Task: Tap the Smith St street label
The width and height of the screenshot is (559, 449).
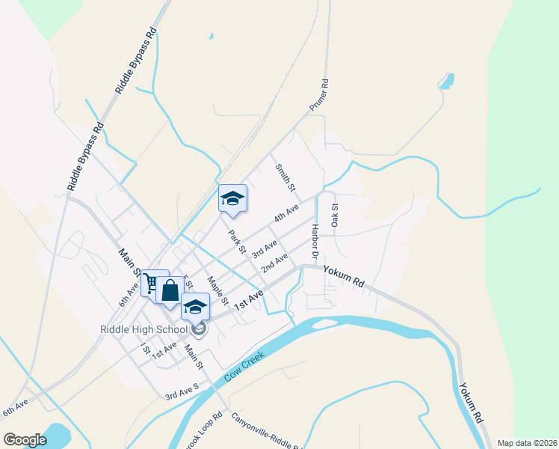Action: point(285,177)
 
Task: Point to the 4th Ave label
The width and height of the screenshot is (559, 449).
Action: point(286,213)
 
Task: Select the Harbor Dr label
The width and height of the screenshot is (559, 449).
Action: point(315,237)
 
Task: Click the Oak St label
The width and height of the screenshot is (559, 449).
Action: point(336,216)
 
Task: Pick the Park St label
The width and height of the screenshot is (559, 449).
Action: point(237,241)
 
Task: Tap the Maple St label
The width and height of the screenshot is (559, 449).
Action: point(217,290)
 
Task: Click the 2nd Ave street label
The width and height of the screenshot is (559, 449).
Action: point(274,263)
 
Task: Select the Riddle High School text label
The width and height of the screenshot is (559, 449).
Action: point(143,329)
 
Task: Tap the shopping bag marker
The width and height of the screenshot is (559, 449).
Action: point(170,290)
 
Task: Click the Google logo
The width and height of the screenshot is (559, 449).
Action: point(25,439)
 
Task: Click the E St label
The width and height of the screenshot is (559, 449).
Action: point(188,284)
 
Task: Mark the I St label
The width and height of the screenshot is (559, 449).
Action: point(144,348)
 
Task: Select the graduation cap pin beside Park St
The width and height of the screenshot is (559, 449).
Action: point(232,198)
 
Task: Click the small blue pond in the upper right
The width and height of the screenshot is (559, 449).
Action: point(447,81)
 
